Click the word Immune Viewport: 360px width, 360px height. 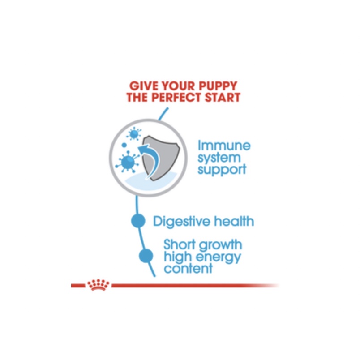(x=224, y=146)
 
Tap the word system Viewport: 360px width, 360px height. (x=219, y=158)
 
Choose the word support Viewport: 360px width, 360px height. (x=222, y=170)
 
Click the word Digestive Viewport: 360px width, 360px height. (x=181, y=222)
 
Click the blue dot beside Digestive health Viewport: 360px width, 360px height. (x=138, y=221)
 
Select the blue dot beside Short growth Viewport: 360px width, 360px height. (x=146, y=256)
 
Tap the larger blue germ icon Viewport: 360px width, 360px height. (x=128, y=162)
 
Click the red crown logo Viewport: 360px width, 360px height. (x=98, y=285)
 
